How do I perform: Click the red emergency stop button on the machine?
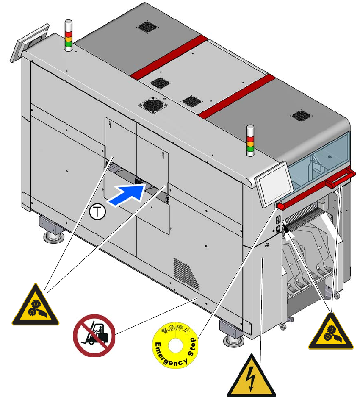(280, 206)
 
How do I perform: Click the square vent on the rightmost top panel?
(301, 115)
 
